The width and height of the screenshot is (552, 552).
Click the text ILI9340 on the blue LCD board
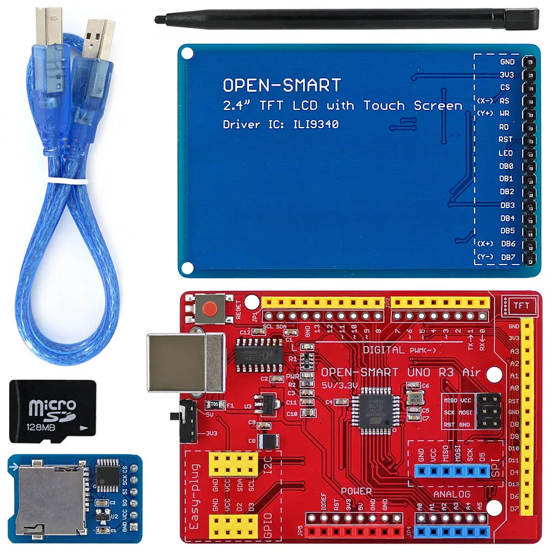coord(313,124)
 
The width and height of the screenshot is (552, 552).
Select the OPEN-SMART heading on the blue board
coord(282,85)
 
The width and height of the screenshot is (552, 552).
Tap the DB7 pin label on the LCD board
coord(507,257)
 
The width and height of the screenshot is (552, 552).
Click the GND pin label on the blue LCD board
coord(507,62)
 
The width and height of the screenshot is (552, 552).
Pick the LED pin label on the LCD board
coord(506,153)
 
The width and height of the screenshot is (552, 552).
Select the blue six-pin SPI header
coord(452,471)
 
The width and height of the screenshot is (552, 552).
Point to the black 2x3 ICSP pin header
coord(489,410)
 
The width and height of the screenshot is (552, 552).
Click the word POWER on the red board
coord(356,491)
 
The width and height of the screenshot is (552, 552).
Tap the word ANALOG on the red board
coord(452,494)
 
